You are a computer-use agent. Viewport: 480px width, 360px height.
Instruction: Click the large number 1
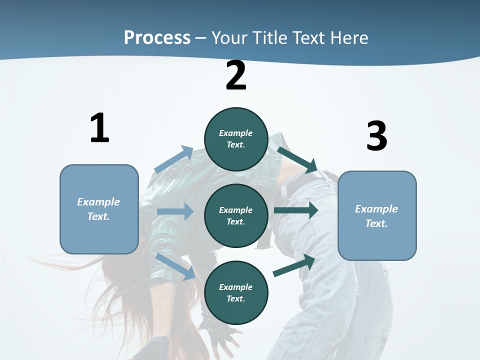click(x=99, y=128)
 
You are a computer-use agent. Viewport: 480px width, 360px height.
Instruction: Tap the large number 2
click(x=236, y=75)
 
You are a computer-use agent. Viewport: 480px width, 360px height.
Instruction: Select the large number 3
click(x=376, y=136)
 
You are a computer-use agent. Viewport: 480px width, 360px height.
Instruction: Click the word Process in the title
click(x=157, y=37)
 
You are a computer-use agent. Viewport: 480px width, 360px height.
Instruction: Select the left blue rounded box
click(x=99, y=209)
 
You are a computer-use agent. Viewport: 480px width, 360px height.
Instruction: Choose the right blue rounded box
click(x=377, y=216)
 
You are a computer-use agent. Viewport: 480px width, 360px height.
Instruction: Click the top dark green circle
click(x=236, y=139)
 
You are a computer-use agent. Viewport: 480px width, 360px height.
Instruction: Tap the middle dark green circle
click(x=236, y=215)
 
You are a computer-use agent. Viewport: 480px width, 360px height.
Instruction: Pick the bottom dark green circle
click(x=236, y=292)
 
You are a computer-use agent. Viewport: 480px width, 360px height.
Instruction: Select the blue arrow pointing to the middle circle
click(x=175, y=211)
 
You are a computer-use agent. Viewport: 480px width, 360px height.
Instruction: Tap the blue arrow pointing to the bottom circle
click(x=175, y=266)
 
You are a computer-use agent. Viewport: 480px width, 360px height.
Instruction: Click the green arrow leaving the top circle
click(x=297, y=159)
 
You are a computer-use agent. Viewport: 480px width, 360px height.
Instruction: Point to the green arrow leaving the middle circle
click(x=296, y=210)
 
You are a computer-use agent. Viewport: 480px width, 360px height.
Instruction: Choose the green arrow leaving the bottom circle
click(x=294, y=265)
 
